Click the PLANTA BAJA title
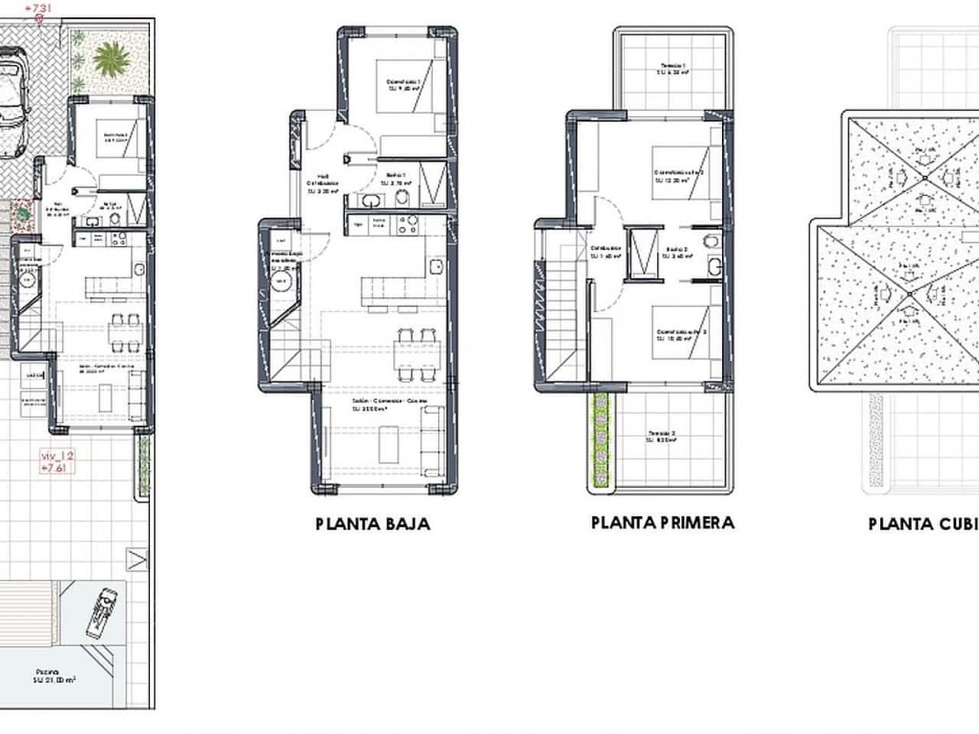[372, 524]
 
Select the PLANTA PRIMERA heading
[662, 522]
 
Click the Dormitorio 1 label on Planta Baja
[403, 83]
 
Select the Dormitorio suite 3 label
[681, 336]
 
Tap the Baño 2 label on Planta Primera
[678, 253]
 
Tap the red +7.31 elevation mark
[39, 8]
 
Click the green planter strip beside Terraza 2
[602, 440]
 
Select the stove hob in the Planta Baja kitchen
[405, 224]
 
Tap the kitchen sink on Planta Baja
[436, 268]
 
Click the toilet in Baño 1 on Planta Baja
[404, 200]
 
